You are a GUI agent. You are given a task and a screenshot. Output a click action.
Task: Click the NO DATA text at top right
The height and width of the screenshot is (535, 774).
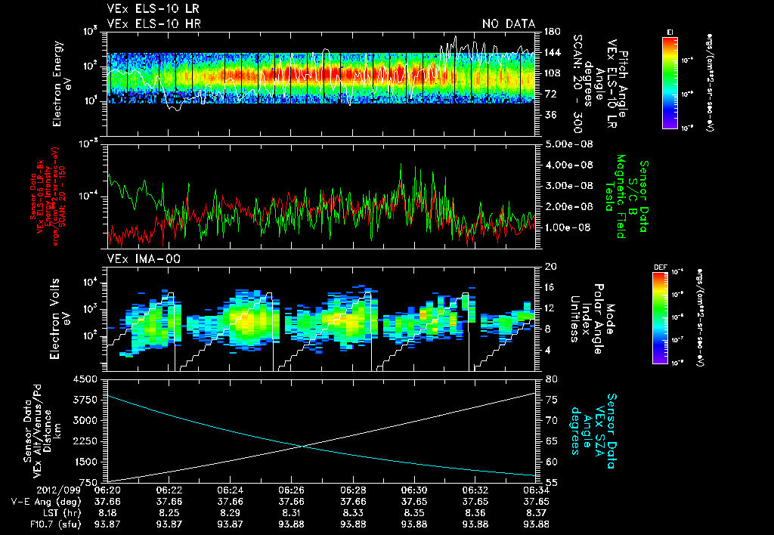click(509, 24)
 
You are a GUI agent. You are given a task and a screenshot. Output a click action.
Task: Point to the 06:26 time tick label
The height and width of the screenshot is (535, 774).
click(292, 489)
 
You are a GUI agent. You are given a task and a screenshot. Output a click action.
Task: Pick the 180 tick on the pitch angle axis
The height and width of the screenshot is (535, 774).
click(550, 32)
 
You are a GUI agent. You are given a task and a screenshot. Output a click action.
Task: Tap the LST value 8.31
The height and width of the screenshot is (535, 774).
click(292, 512)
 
